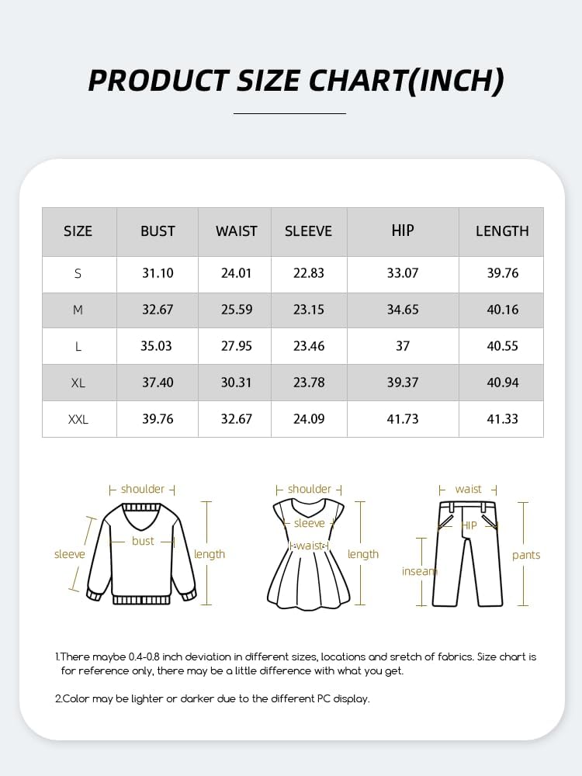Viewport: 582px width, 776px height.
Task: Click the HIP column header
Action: [x=403, y=230]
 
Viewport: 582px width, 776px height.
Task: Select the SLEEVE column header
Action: [x=308, y=231]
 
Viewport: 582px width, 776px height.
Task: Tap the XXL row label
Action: [x=78, y=419]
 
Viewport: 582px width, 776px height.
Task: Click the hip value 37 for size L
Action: [x=403, y=346]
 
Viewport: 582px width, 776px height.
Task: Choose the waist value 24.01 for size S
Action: [x=237, y=273]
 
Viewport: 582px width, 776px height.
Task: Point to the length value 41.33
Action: [x=502, y=419]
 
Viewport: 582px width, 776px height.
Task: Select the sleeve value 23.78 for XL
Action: [x=309, y=383]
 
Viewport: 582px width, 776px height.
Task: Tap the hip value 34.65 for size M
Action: [x=403, y=310]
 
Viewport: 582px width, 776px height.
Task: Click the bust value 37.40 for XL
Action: [x=158, y=383]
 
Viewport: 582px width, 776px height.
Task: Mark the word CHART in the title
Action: [x=360, y=81]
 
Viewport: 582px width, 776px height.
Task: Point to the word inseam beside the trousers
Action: [x=420, y=571]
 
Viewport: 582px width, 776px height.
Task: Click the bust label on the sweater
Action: [x=143, y=541]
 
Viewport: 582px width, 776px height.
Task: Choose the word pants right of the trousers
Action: [x=526, y=555]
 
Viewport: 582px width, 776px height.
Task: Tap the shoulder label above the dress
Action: [x=310, y=489]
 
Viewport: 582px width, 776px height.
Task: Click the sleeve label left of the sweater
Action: [x=70, y=554]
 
